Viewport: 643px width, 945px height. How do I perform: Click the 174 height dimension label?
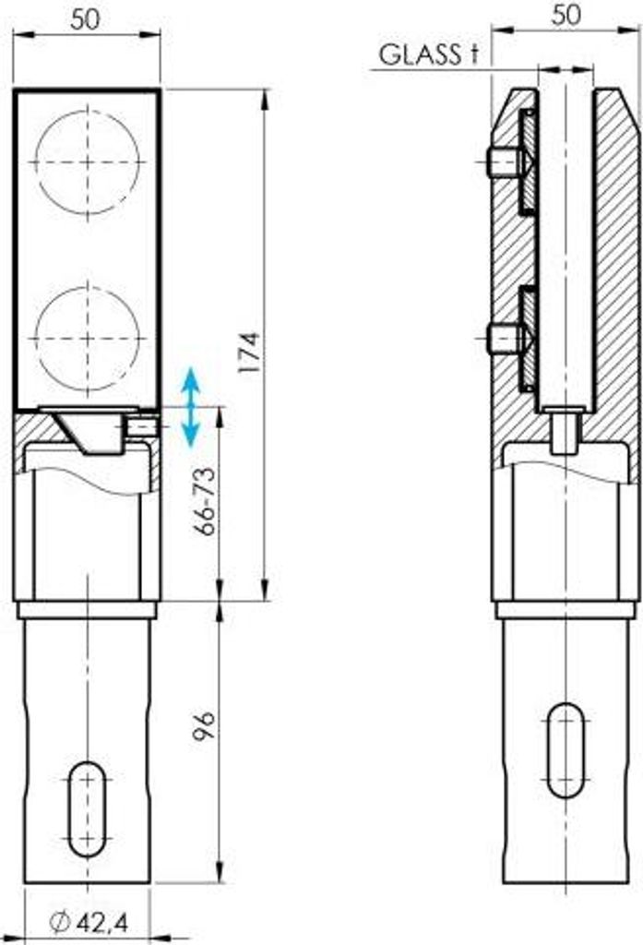coord(249,352)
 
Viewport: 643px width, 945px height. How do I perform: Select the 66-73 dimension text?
coord(205,501)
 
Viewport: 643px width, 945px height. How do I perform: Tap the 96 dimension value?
coord(204,726)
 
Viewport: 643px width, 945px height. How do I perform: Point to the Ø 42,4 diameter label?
coord(89,922)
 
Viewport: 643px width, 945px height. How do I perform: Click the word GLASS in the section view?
coord(420,54)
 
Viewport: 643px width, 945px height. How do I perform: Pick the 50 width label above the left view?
coord(85,20)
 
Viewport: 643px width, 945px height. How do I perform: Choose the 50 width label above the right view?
coord(566,15)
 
